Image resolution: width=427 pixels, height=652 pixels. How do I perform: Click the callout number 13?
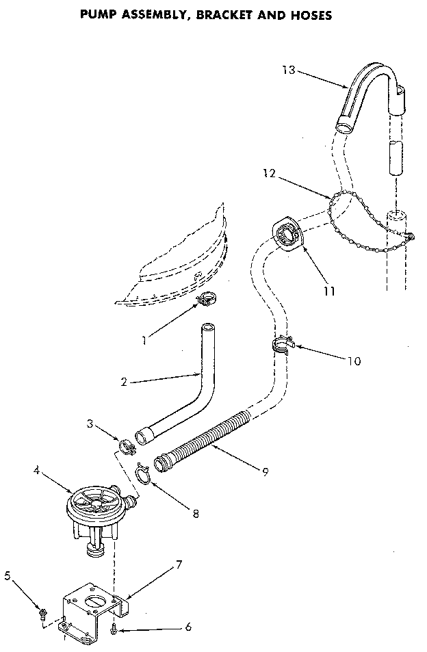pos(289,70)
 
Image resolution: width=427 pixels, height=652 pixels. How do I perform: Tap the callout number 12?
pos(270,174)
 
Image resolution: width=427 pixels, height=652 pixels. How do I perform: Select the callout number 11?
pos(330,291)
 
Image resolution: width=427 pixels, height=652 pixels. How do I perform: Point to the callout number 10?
pos(354,361)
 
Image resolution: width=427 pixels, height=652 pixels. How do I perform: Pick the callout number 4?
pos(36,469)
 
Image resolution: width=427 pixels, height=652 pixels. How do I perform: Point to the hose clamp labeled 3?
pos(126,447)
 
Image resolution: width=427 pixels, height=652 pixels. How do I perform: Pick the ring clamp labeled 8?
pos(143,471)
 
